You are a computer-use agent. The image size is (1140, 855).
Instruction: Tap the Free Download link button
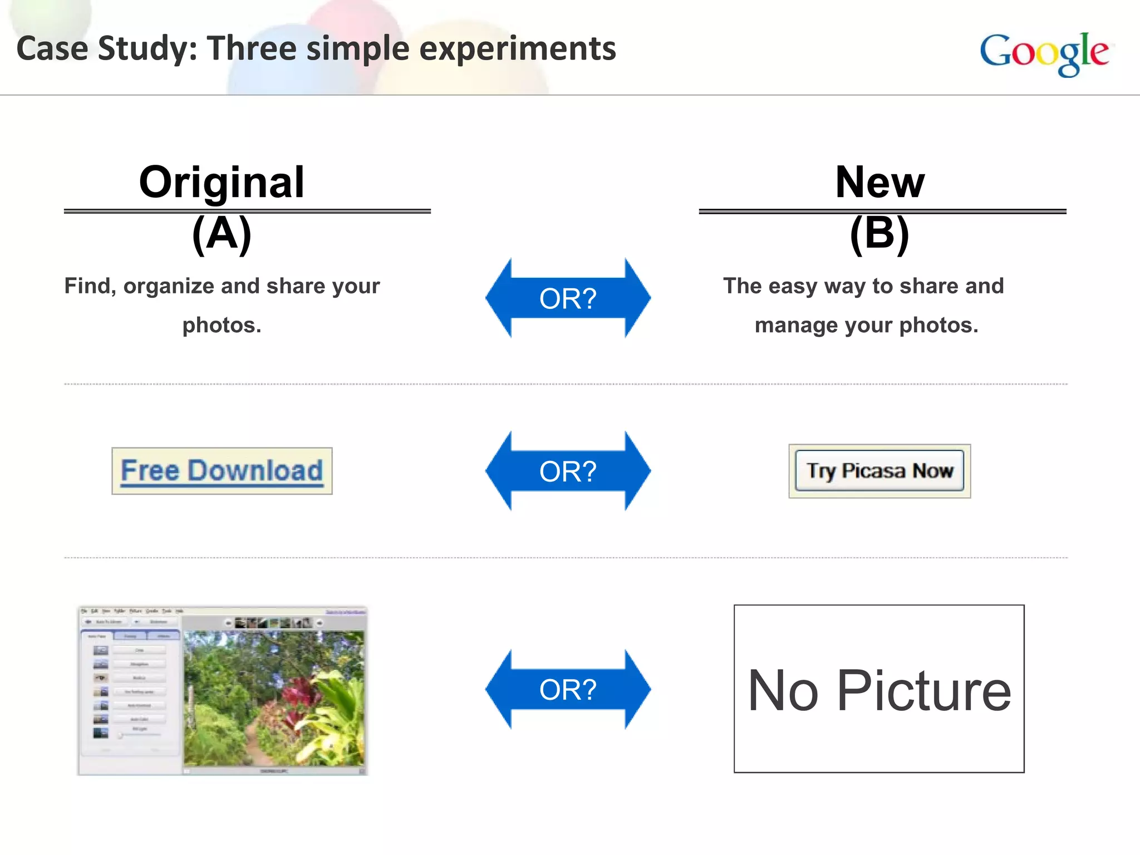click(222, 471)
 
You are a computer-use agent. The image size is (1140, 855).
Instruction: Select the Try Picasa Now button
click(879, 471)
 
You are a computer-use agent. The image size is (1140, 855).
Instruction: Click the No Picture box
click(879, 689)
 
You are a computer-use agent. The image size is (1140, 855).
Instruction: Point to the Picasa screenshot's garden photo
click(274, 699)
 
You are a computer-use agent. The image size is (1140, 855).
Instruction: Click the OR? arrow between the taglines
click(568, 298)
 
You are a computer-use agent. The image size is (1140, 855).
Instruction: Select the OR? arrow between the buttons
click(568, 471)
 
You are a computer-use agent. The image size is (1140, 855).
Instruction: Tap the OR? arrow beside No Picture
click(568, 689)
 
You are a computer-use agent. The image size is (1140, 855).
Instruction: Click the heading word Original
click(222, 182)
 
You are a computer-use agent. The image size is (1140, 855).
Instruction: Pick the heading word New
click(879, 182)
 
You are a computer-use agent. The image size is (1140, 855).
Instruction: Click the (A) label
click(222, 234)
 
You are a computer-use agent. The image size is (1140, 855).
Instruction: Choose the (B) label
click(879, 234)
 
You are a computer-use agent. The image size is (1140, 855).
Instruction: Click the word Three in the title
click(252, 48)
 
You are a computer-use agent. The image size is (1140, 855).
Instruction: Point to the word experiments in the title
click(517, 49)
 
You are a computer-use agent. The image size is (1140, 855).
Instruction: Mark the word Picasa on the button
click(873, 471)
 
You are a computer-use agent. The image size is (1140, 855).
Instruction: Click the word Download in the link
click(255, 471)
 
